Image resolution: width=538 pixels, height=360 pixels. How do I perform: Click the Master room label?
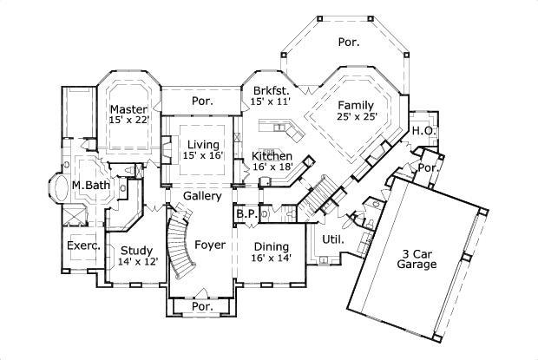(x=128, y=109)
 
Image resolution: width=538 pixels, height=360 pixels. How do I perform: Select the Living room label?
(x=203, y=144)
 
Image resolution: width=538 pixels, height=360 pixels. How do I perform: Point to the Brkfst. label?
(x=270, y=91)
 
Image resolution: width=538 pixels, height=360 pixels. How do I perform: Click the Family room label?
(x=357, y=105)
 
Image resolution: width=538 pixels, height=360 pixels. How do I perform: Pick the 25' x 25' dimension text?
(x=357, y=116)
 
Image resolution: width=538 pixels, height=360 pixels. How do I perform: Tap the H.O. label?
(x=422, y=131)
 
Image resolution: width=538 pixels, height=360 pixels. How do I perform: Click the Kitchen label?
(x=272, y=156)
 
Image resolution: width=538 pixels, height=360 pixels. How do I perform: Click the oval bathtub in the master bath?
(x=56, y=187)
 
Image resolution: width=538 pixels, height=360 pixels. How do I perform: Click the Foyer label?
(x=209, y=245)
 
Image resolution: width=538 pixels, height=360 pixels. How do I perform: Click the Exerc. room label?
(x=84, y=245)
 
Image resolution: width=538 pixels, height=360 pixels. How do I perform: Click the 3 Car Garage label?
(x=417, y=259)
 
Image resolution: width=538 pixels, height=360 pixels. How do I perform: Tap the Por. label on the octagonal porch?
(x=348, y=41)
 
